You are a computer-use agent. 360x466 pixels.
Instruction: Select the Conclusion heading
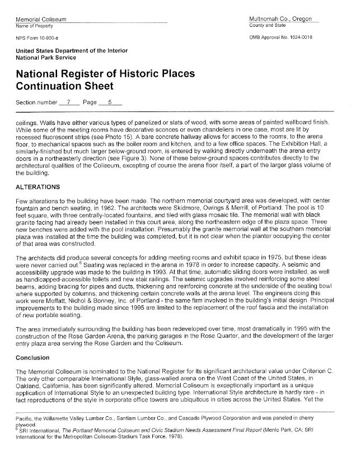coord(35,357)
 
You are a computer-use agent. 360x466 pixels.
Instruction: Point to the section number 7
coord(68,102)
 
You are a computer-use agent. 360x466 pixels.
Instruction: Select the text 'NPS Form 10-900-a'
coord(37,38)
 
